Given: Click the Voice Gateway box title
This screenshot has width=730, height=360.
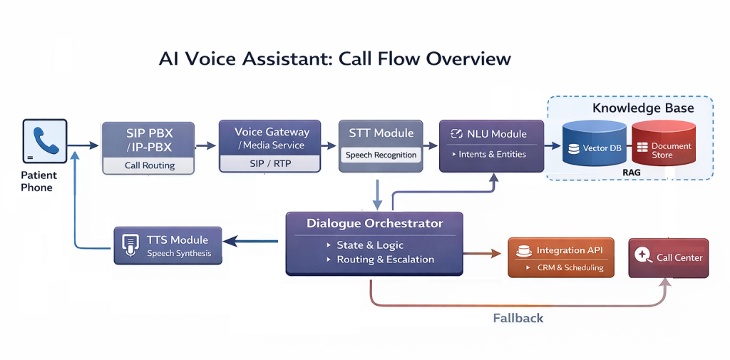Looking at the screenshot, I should [x=272, y=132].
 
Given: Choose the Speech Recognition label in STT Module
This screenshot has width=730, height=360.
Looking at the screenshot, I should [x=381, y=155].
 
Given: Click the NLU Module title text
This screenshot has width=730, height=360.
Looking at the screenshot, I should [x=498, y=133].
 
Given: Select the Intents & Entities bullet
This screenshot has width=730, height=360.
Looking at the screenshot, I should [x=493, y=154].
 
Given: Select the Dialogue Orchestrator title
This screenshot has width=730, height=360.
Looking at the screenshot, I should [x=375, y=224].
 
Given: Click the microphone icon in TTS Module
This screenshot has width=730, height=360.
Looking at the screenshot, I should [x=130, y=245].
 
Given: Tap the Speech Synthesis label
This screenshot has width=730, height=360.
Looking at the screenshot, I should [x=179, y=254].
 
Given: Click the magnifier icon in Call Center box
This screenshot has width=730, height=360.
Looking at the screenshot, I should [x=644, y=257].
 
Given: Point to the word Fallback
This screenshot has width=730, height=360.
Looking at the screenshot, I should [x=518, y=318].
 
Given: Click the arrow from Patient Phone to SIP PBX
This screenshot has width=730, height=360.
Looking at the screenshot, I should [x=84, y=145].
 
